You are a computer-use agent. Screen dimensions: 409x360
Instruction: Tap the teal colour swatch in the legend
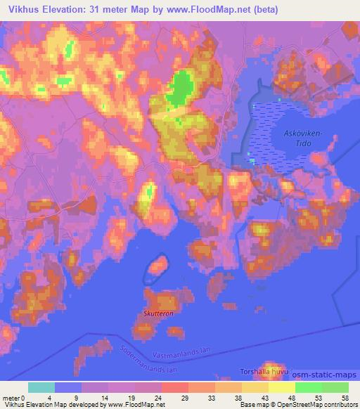pos(41,387)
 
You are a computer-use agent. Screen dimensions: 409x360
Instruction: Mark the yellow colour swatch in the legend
pos(281,387)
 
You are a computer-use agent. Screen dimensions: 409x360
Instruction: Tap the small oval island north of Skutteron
pos(157,265)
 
